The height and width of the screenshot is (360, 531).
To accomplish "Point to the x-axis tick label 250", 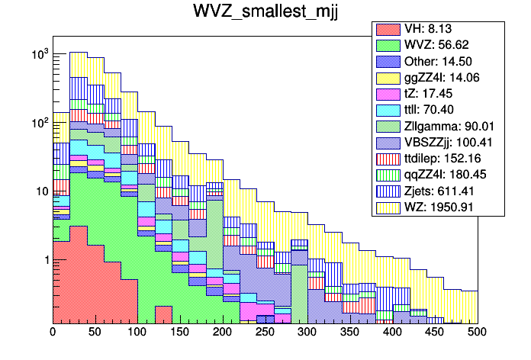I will pyautogui.click(x=265, y=333).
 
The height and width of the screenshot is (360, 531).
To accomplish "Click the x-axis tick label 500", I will pyautogui.click(x=477, y=333).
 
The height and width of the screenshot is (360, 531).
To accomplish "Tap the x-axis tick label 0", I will pyautogui.click(x=53, y=333).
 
